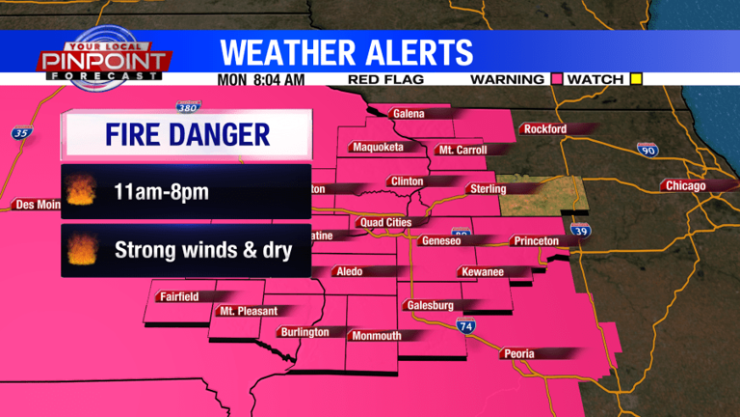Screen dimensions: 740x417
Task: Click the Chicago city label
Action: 684,185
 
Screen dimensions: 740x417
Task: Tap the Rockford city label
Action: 542,129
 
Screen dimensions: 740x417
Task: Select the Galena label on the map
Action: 409,114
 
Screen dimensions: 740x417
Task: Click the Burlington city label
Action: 304,332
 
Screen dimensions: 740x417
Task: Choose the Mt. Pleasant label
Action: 249,311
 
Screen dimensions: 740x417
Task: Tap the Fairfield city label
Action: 180,296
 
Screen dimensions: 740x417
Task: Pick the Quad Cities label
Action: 385,222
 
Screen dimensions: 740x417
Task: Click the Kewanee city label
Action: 483,272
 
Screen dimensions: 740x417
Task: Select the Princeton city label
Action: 536,240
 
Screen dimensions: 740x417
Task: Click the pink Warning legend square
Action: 556,79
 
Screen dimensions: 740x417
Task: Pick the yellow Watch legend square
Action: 635,79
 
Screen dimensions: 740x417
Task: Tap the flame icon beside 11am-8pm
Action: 80,192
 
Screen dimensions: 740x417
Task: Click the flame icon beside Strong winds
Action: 80,251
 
